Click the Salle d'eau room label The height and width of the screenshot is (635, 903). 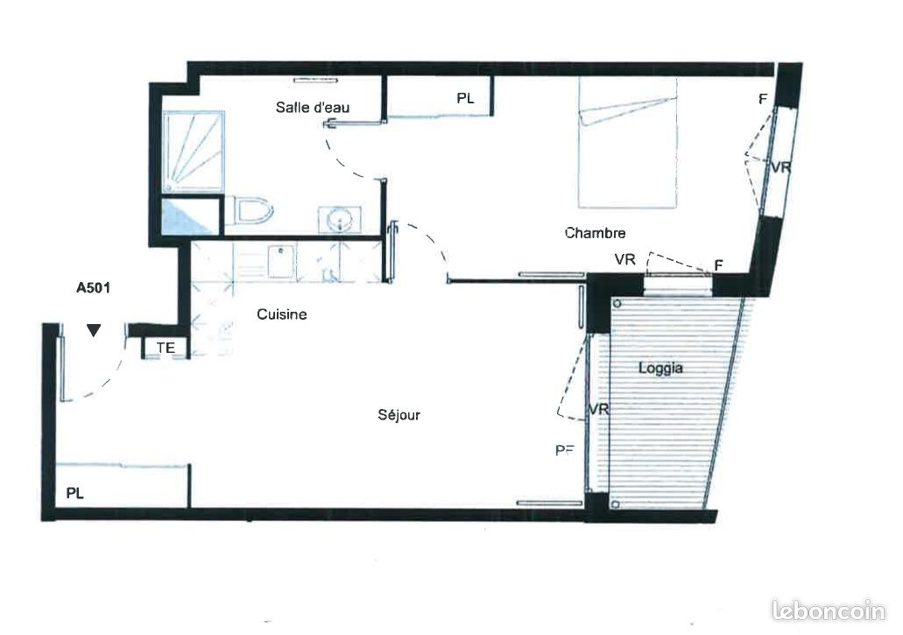(x=313, y=108)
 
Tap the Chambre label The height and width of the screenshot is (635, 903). (x=595, y=233)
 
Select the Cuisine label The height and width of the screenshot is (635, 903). (x=281, y=314)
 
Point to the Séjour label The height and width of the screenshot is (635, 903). (x=399, y=415)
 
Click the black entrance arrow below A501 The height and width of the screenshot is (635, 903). (x=94, y=330)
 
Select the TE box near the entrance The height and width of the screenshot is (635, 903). (x=166, y=348)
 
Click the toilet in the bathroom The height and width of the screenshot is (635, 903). (x=253, y=212)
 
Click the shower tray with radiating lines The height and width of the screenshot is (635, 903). (x=193, y=151)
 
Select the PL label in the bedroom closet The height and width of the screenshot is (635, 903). (x=465, y=99)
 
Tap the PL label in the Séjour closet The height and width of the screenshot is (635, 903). (x=75, y=493)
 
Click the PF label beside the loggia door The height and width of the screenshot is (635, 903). (x=565, y=450)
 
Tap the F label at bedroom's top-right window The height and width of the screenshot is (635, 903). (x=763, y=100)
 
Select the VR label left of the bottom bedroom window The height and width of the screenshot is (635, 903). (x=624, y=259)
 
